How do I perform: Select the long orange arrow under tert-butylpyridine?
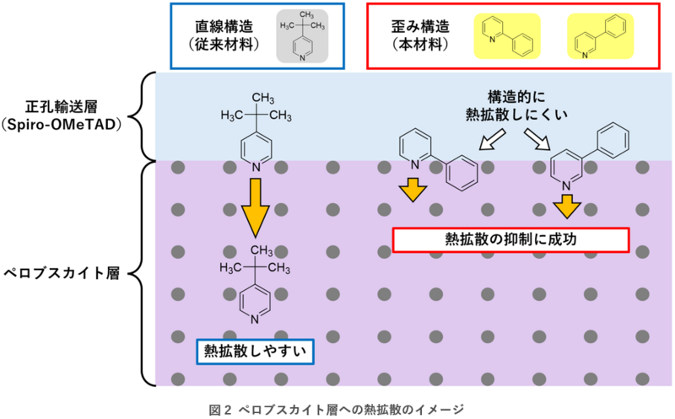click(254, 207)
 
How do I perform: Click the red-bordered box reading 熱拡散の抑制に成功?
click(510, 239)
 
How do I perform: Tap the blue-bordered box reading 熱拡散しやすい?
click(254, 351)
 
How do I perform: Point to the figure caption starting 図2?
click(337, 409)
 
